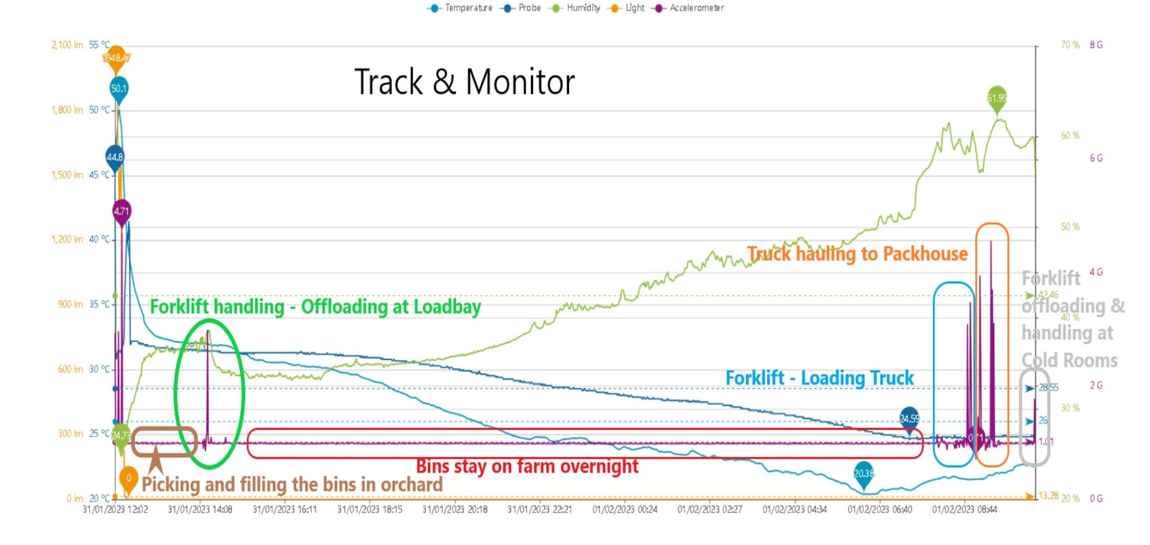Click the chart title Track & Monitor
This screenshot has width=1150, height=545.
[464, 82]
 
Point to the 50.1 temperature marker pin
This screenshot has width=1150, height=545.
[119, 89]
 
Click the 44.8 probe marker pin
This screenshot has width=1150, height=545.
[114, 157]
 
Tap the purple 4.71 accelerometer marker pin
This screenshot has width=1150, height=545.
[122, 211]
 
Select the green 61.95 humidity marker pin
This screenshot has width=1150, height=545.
[997, 98]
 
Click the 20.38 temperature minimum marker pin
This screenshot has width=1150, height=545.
[863, 473]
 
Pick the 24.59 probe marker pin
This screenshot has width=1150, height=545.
[909, 418]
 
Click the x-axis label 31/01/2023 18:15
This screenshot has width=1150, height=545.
[370, 510]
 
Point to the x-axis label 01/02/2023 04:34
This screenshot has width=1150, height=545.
[795, 510]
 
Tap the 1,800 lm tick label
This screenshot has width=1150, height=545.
[67, 110]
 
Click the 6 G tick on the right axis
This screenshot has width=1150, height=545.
[1096, 158]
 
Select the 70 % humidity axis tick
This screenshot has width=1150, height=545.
[1070, 45]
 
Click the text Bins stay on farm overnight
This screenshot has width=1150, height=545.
[527, 466]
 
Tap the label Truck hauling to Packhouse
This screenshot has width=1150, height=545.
[857, 254]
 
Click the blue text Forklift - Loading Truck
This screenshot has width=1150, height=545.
[819, 378]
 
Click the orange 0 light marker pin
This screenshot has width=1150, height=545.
[128, 479]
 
